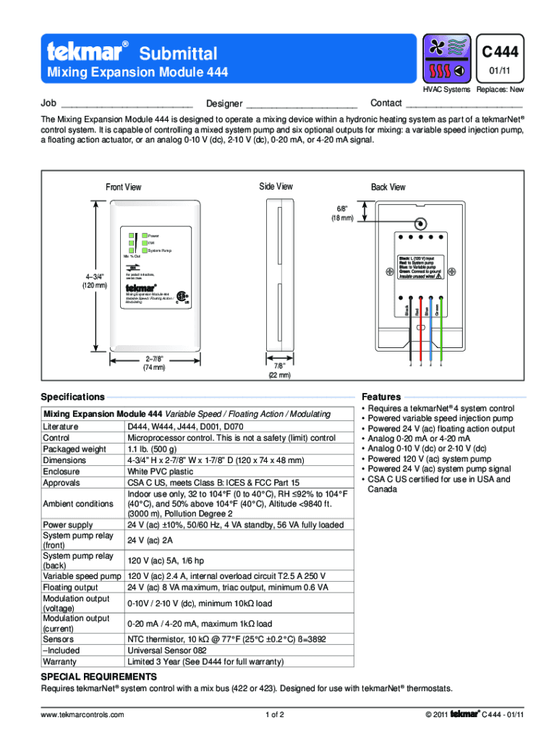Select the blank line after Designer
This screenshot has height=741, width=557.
tap(302, 106)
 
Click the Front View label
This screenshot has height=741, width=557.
tap(124, 187)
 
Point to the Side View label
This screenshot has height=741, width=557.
tap(276, 187)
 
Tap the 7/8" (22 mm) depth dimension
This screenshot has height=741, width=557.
tap(279, 370)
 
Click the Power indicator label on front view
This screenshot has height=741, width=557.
tap(154, 236)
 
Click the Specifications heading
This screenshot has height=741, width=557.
tap(73, 397)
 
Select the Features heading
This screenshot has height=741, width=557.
tap(381, 397)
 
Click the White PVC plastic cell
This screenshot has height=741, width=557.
tap(161, 471)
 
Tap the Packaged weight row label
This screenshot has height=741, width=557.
tap(75, 449)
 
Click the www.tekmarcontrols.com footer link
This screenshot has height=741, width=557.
tap(83, 715)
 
